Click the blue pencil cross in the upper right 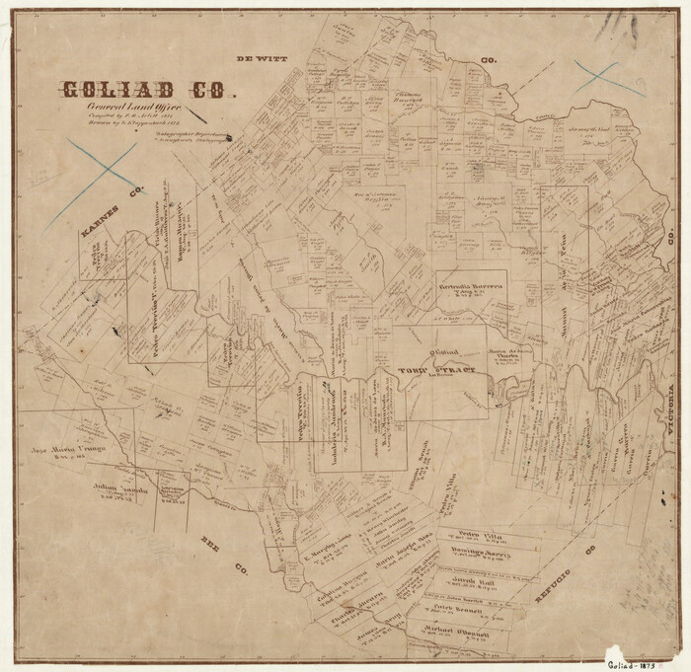(608, 78)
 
